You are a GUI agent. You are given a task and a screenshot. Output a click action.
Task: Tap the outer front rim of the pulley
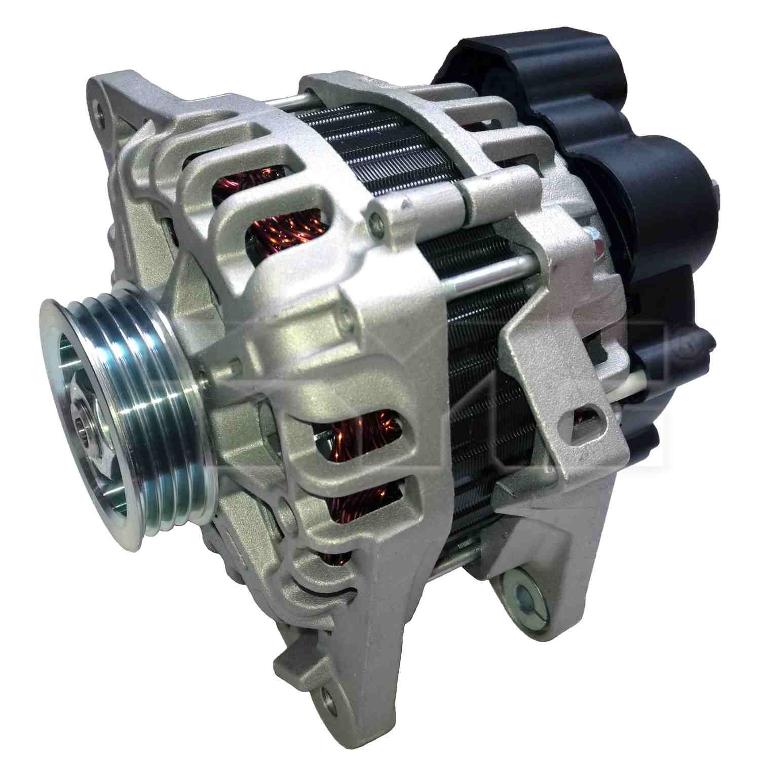(x=56, y=355)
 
